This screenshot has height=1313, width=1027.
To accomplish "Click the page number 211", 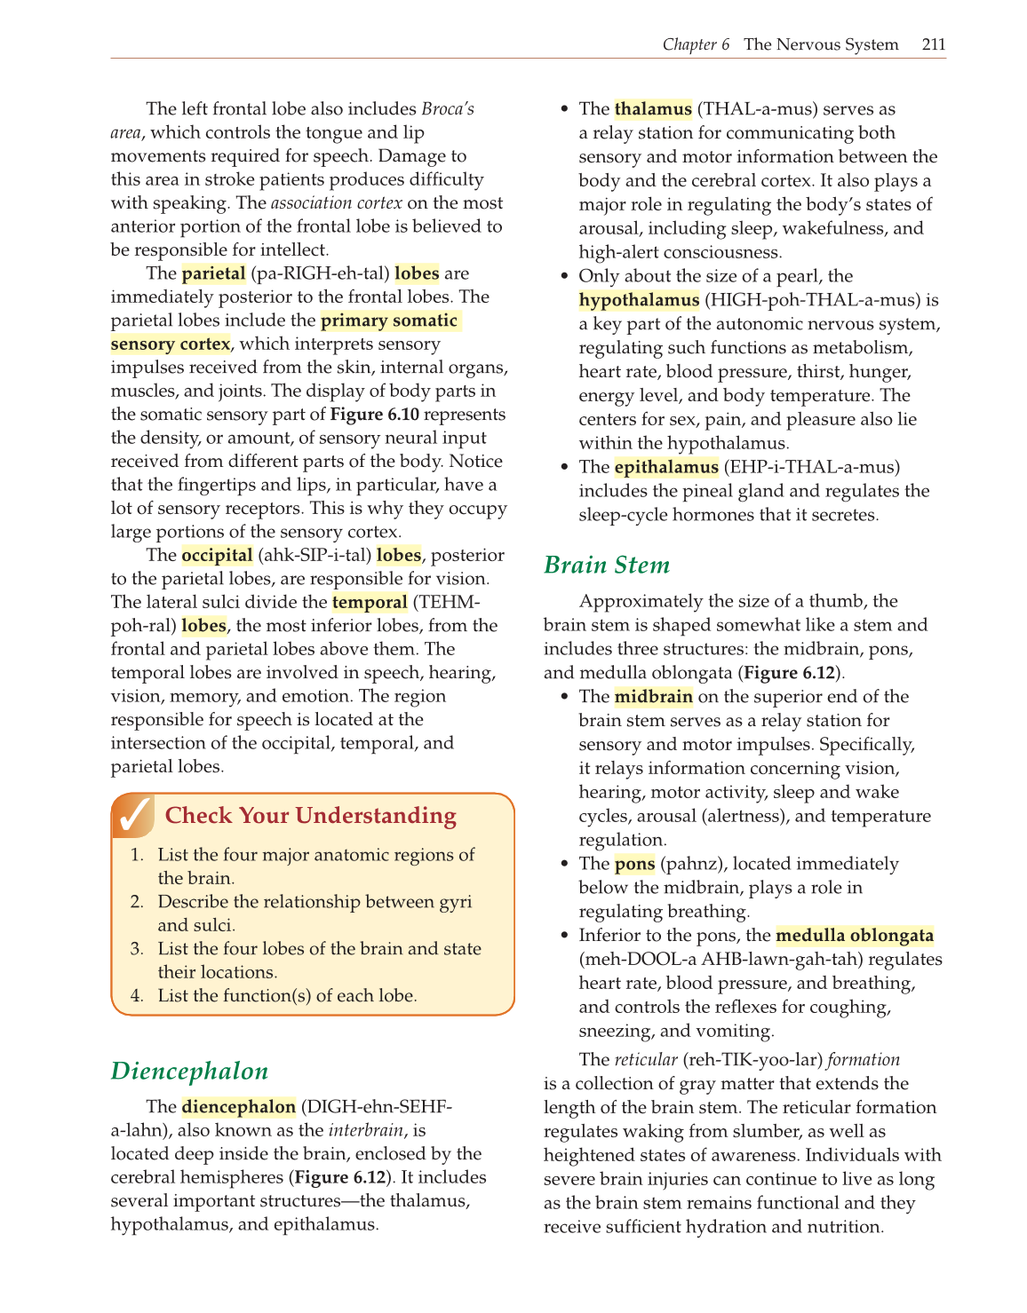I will pos(933,44).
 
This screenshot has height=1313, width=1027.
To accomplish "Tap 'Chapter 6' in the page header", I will pos(696,44).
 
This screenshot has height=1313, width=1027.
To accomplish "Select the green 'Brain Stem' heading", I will pos(607,566).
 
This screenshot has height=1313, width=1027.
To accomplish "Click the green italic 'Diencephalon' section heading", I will pos(189,1072).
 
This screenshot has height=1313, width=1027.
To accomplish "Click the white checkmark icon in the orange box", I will pos(133,816).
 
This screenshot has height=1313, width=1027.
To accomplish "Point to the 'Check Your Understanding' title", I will pos(310,816).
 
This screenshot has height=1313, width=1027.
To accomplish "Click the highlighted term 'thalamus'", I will pos(653,109).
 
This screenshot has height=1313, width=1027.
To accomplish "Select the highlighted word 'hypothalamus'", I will pos(639,300).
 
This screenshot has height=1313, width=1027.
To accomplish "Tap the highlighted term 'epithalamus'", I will pos(666,467).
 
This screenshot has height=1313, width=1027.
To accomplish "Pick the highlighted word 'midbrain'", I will pos(653,697).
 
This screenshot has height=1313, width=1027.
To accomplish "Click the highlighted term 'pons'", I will pos(634,864).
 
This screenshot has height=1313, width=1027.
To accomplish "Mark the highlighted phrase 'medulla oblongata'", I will pos(854,936).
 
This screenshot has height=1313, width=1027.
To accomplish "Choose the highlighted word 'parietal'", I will pos(213,273).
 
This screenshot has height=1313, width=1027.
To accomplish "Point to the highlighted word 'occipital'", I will pos(217,556).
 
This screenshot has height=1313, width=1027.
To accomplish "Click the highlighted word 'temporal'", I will pos(370,603).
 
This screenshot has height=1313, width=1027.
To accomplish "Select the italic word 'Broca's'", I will pos(447,109).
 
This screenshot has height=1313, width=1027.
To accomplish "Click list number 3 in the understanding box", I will pos(137,949).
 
